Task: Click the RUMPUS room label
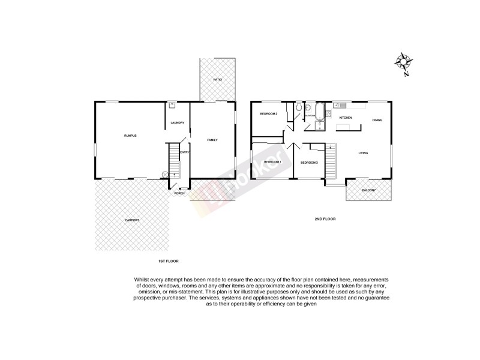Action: click(130, 136)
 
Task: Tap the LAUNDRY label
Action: click(177, 123)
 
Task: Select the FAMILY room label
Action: click(212, 140)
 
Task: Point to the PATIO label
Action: click(217, 80)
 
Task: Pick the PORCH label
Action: click(179, 193)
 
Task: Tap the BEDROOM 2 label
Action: click(268, 113)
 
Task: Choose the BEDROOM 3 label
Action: click(308, 163)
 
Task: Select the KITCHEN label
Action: click(346, 118)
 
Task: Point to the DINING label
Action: click(377, 121)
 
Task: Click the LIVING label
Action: click(363, 154)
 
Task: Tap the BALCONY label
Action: click(368, 191)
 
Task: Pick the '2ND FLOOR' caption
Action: click(325, 219)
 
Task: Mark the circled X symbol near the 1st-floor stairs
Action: click(164, 175)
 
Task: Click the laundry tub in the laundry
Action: click(172, 105)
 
